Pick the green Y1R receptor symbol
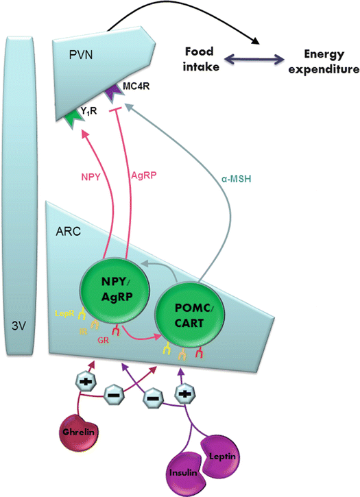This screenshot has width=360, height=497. pos(73,117)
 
